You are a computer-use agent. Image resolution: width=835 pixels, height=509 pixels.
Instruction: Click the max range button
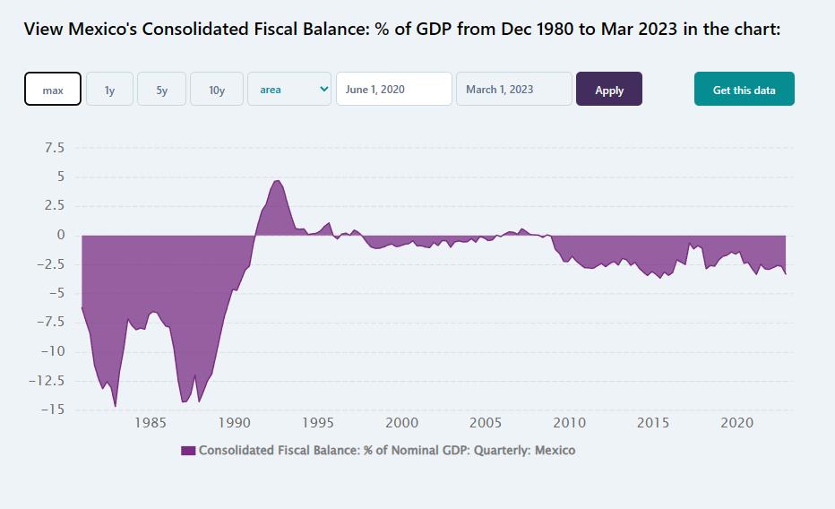53,90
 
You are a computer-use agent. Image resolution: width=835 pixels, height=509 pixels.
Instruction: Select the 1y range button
109,90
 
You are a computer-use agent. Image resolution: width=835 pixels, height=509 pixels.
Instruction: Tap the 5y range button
161,90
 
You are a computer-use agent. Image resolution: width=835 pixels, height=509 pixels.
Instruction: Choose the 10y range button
217,90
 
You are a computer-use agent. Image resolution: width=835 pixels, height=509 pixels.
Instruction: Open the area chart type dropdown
289,90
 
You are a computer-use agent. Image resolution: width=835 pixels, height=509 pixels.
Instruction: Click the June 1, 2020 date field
393,90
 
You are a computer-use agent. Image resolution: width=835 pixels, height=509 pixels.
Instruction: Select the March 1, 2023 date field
513,90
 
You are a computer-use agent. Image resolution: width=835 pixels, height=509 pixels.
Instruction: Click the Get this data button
744,90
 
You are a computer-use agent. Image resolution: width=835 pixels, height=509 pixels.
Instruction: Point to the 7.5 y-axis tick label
54,148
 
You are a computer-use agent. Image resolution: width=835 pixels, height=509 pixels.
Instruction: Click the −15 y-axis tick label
50,410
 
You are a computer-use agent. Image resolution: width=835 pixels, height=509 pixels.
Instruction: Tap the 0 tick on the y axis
60,235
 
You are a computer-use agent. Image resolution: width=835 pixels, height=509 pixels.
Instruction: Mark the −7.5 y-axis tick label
50,323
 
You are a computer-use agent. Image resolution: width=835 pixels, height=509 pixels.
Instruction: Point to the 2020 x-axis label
737,423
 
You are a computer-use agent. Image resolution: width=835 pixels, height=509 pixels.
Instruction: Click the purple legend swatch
188,451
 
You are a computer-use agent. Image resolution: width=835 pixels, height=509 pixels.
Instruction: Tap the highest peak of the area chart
278,181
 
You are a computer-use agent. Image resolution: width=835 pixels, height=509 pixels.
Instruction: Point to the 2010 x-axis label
570,423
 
